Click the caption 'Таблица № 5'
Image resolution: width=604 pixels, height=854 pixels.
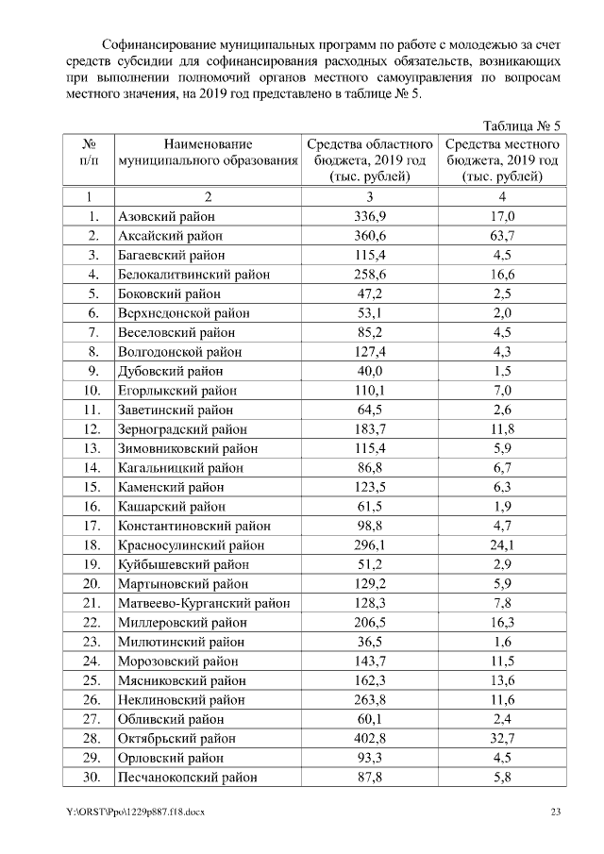click(522, 126)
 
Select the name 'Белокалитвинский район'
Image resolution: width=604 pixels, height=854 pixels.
click(193, 275)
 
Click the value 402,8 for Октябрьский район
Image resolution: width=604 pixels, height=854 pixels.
click(370, 738)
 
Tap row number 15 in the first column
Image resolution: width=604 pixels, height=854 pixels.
click(92, 487)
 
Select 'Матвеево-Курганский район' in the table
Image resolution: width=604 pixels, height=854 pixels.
click(203, 603)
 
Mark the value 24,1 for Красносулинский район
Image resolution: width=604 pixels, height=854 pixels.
click(502, 545)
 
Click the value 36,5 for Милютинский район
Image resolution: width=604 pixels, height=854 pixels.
click(370, 642)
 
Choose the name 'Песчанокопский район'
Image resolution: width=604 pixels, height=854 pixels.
click(187, 777)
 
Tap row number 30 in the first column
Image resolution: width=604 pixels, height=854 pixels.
click(92, 777)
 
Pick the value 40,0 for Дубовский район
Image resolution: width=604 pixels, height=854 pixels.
click(370, 371)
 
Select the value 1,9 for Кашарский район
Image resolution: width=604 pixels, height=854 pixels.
click(502, 507)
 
